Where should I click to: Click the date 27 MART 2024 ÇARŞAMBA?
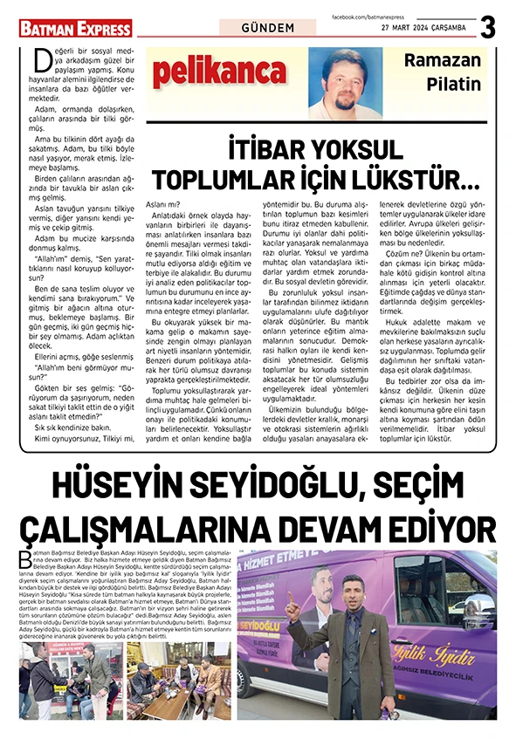(x=423, y=27)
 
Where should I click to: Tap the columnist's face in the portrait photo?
(x=345, y=79)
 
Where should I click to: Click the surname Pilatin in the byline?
(x=454, y=84)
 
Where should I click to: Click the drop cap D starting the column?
(x=39, y=61)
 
